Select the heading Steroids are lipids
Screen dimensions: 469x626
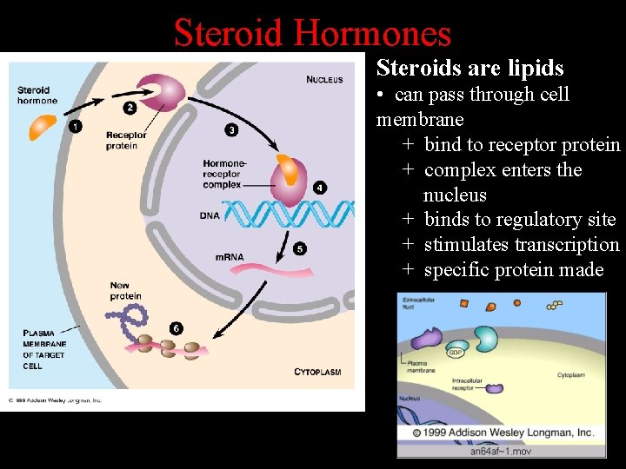pos(469,68)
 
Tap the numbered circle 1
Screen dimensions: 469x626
pos(76,127)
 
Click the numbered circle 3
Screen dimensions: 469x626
pos(230,129)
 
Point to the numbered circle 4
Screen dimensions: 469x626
pos(320,187)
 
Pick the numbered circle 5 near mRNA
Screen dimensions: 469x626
pos(300,248)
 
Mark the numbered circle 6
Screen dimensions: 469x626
pos(176,328)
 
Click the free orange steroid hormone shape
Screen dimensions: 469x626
pos(42,126)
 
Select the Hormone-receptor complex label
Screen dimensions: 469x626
pos(224,174)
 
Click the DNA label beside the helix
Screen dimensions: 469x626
pos(210,215)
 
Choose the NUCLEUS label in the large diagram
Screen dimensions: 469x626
pos(324,80)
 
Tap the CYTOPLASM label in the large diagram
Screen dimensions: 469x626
pos(317,372)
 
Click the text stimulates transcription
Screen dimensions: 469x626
pos(521,245)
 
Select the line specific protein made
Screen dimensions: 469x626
pos(513,270)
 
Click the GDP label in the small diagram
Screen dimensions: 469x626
pos(455,353)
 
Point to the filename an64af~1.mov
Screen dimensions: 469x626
pos(502,451)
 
